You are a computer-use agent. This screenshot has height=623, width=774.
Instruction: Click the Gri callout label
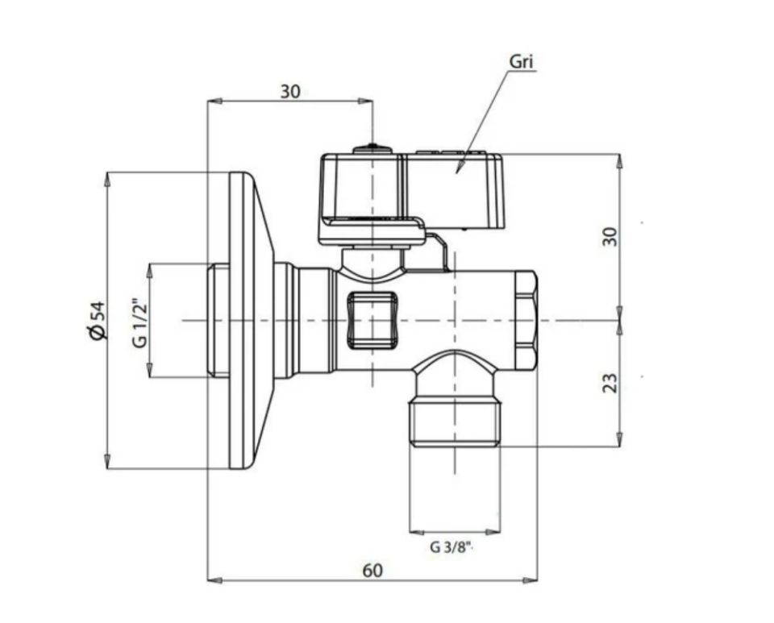tap(522, 62)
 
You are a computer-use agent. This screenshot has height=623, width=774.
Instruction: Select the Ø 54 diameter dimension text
tap(97, 320)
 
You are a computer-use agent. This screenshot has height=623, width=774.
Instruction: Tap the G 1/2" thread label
tap(139, 320)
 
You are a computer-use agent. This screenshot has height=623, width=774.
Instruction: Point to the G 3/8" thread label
tap(451, 548)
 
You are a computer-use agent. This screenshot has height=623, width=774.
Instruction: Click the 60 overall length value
tap(372, 570)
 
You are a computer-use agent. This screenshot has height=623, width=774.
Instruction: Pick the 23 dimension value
tap(610, 382)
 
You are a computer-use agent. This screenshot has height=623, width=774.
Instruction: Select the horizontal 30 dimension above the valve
tap(290, 91)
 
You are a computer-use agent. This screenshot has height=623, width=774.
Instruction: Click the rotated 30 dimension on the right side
tap(610, 236)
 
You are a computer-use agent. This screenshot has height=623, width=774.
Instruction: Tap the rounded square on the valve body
tap(372, 320)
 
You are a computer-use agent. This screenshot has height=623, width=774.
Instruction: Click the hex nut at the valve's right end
tap(525, 320)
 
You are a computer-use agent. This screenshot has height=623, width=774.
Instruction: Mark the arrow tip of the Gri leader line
tap(457, 171)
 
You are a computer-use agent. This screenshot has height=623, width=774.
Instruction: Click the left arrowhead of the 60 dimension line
tap(210, 579)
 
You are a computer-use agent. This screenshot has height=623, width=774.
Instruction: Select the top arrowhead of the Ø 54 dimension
tap(107, 175)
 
